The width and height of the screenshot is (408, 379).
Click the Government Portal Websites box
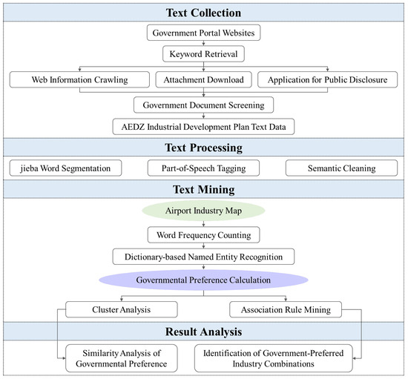pyautogui.click(x=203, y=33)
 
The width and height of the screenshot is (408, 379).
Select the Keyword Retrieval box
pyautogui.click(x=203, y=54)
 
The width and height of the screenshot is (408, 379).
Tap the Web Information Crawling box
pyautogui.click(x=79, y=79)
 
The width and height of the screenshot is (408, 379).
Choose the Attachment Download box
pyautogui.click(x=203, y=79)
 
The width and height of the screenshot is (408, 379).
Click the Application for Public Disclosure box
pyautogui.click(x=328, y=79)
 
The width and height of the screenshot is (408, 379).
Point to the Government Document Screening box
pyautogui.click(x=203, y=105)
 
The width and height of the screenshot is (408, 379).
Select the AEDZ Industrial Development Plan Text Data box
pyautogui.click(x=203, y=127)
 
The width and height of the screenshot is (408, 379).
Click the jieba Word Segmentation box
pyautogui.click(x=65, y=168)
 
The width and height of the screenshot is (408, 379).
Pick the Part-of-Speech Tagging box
pyautogui.click(x=203, y=168)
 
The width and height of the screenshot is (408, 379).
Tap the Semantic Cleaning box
pyautogui.click(x=342, y=168)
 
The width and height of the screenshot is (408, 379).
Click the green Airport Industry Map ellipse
pyautogui.click(x=203, y=211)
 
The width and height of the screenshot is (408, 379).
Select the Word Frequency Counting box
pyautogui.click(x=203, y=235)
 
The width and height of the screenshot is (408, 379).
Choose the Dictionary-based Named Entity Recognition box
pyautogui.click(x=203, y=257)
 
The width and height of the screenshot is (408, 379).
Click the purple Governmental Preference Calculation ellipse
pyautogui.click(x=203, y=280)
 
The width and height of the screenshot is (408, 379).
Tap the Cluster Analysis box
pyautogui.click(x=122, y=309)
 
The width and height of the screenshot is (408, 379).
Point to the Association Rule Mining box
pyautogui.click(x=286, y=309)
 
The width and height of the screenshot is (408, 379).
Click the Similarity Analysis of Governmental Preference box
pyautogui.click(x=122, y=358)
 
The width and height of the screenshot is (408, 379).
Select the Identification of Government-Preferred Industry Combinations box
pyautogui.click(x=274, y=358)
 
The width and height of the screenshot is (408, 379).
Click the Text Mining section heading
pyautogui.click(x=203, y=189)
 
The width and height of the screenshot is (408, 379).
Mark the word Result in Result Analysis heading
pyautogui.click(x=181, y=332)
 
